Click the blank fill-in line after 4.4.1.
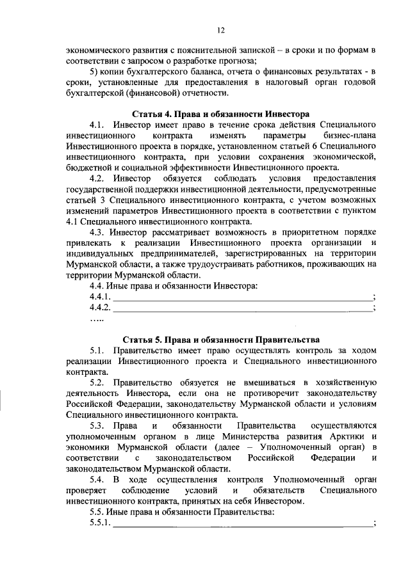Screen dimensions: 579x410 (x=242, y=298)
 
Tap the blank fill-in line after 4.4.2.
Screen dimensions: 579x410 (x=242, y=309)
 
